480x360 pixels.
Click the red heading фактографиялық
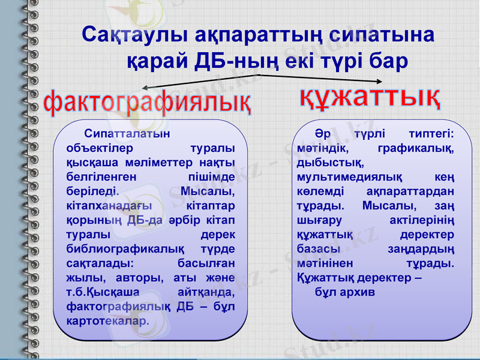point(148,103)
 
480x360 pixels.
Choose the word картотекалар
point(107,320)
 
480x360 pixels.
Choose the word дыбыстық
point(329,162)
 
